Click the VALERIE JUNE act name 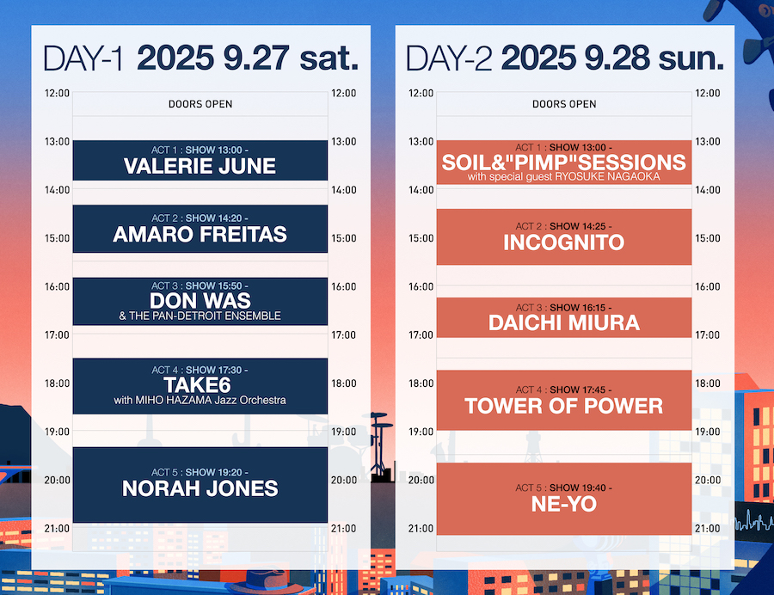(200, 166)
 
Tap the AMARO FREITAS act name (200, 235)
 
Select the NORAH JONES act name (200, 488)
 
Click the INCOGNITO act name (563, 242)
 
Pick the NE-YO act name (563, 504)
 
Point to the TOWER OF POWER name (563, 406)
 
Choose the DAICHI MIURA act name (563, 323)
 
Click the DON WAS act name (200, 300)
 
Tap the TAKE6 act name (198, 385)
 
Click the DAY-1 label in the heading (83, 58)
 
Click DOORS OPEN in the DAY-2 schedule (564, 104)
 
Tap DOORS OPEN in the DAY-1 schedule (200, 104)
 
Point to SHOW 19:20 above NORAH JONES (217, 473)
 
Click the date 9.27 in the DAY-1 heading (255, 58)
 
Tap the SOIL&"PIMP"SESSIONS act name (563, 163)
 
